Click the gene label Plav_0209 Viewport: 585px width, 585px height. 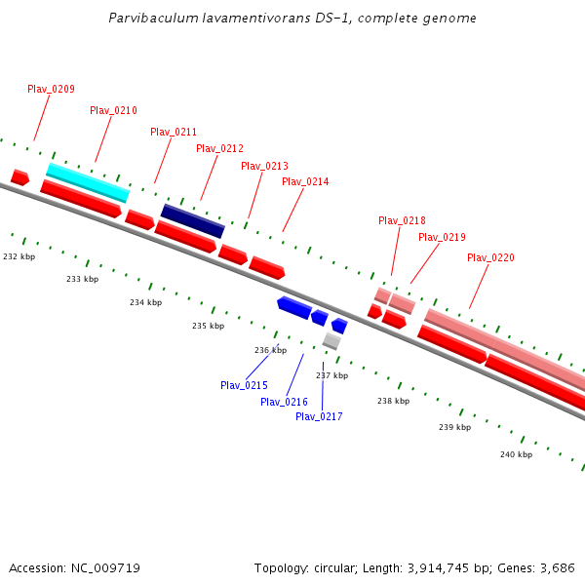[x=51, y=89]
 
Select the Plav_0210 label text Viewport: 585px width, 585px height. [x=113, y=110]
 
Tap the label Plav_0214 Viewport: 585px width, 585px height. [x=305, y=181]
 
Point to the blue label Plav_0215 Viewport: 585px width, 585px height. [x=244, y=385]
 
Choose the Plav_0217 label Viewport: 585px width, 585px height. [x=319, y=416]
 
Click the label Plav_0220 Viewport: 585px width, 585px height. [x=490, y=257]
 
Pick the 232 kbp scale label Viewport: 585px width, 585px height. [x=19, y=256]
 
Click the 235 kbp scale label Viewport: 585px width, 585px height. [x=208, y=326]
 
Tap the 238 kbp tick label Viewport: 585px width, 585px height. [x=393, y=401]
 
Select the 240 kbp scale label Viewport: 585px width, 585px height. [x=516, y=454]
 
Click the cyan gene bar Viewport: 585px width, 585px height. [x=88, y=182]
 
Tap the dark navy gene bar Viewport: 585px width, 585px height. [x=192, y=220]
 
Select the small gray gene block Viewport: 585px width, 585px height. [x=331, y=340]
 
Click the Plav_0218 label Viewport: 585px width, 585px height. [x=402, y=220]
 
